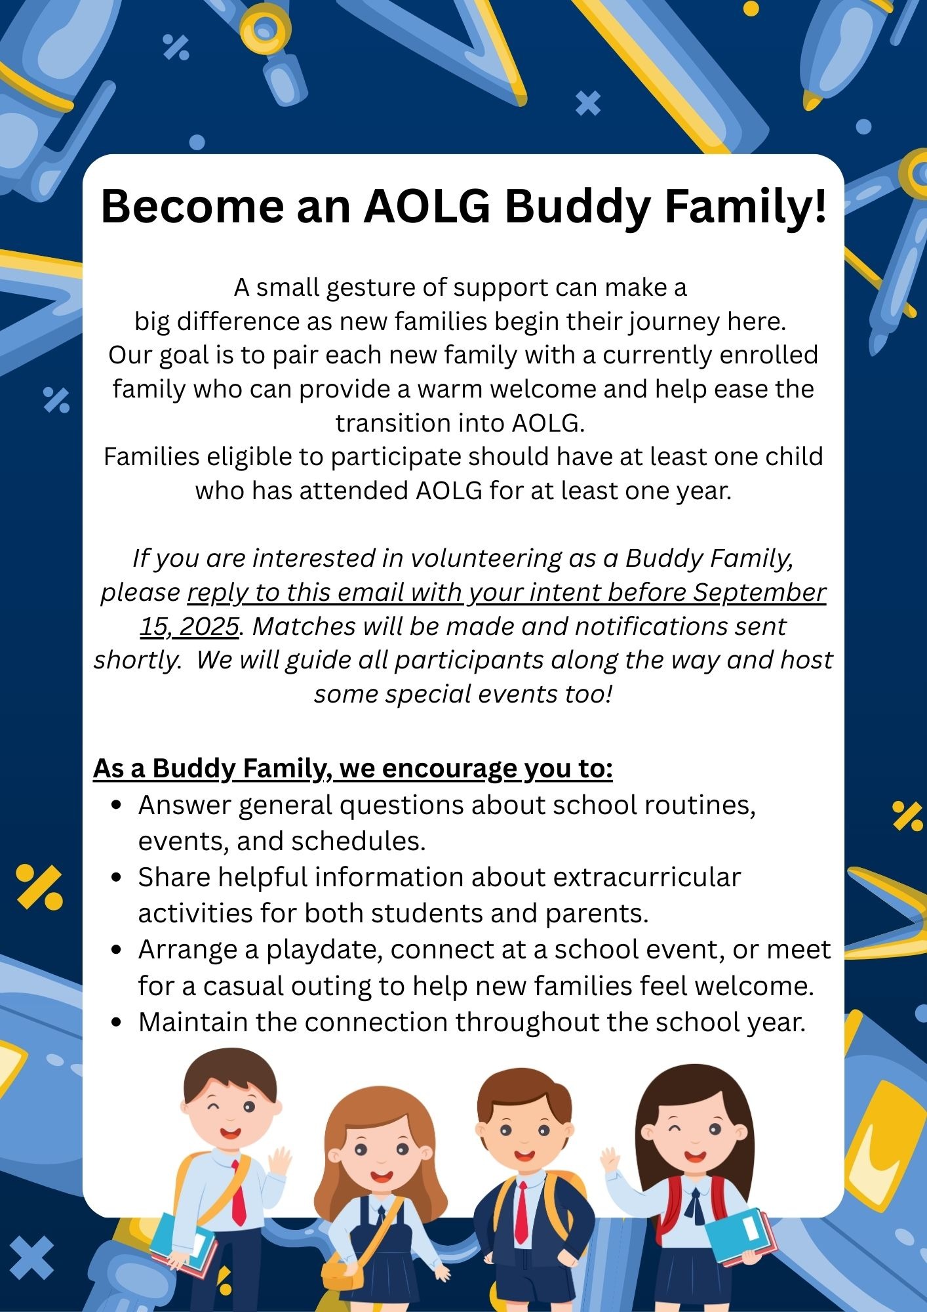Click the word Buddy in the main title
click(x=578, y=207)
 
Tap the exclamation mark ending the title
click(x=819, y=205)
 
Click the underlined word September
click(x=759, y=592)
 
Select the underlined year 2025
click(x=208, y=626)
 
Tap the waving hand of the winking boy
click(x=281, y=1161)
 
